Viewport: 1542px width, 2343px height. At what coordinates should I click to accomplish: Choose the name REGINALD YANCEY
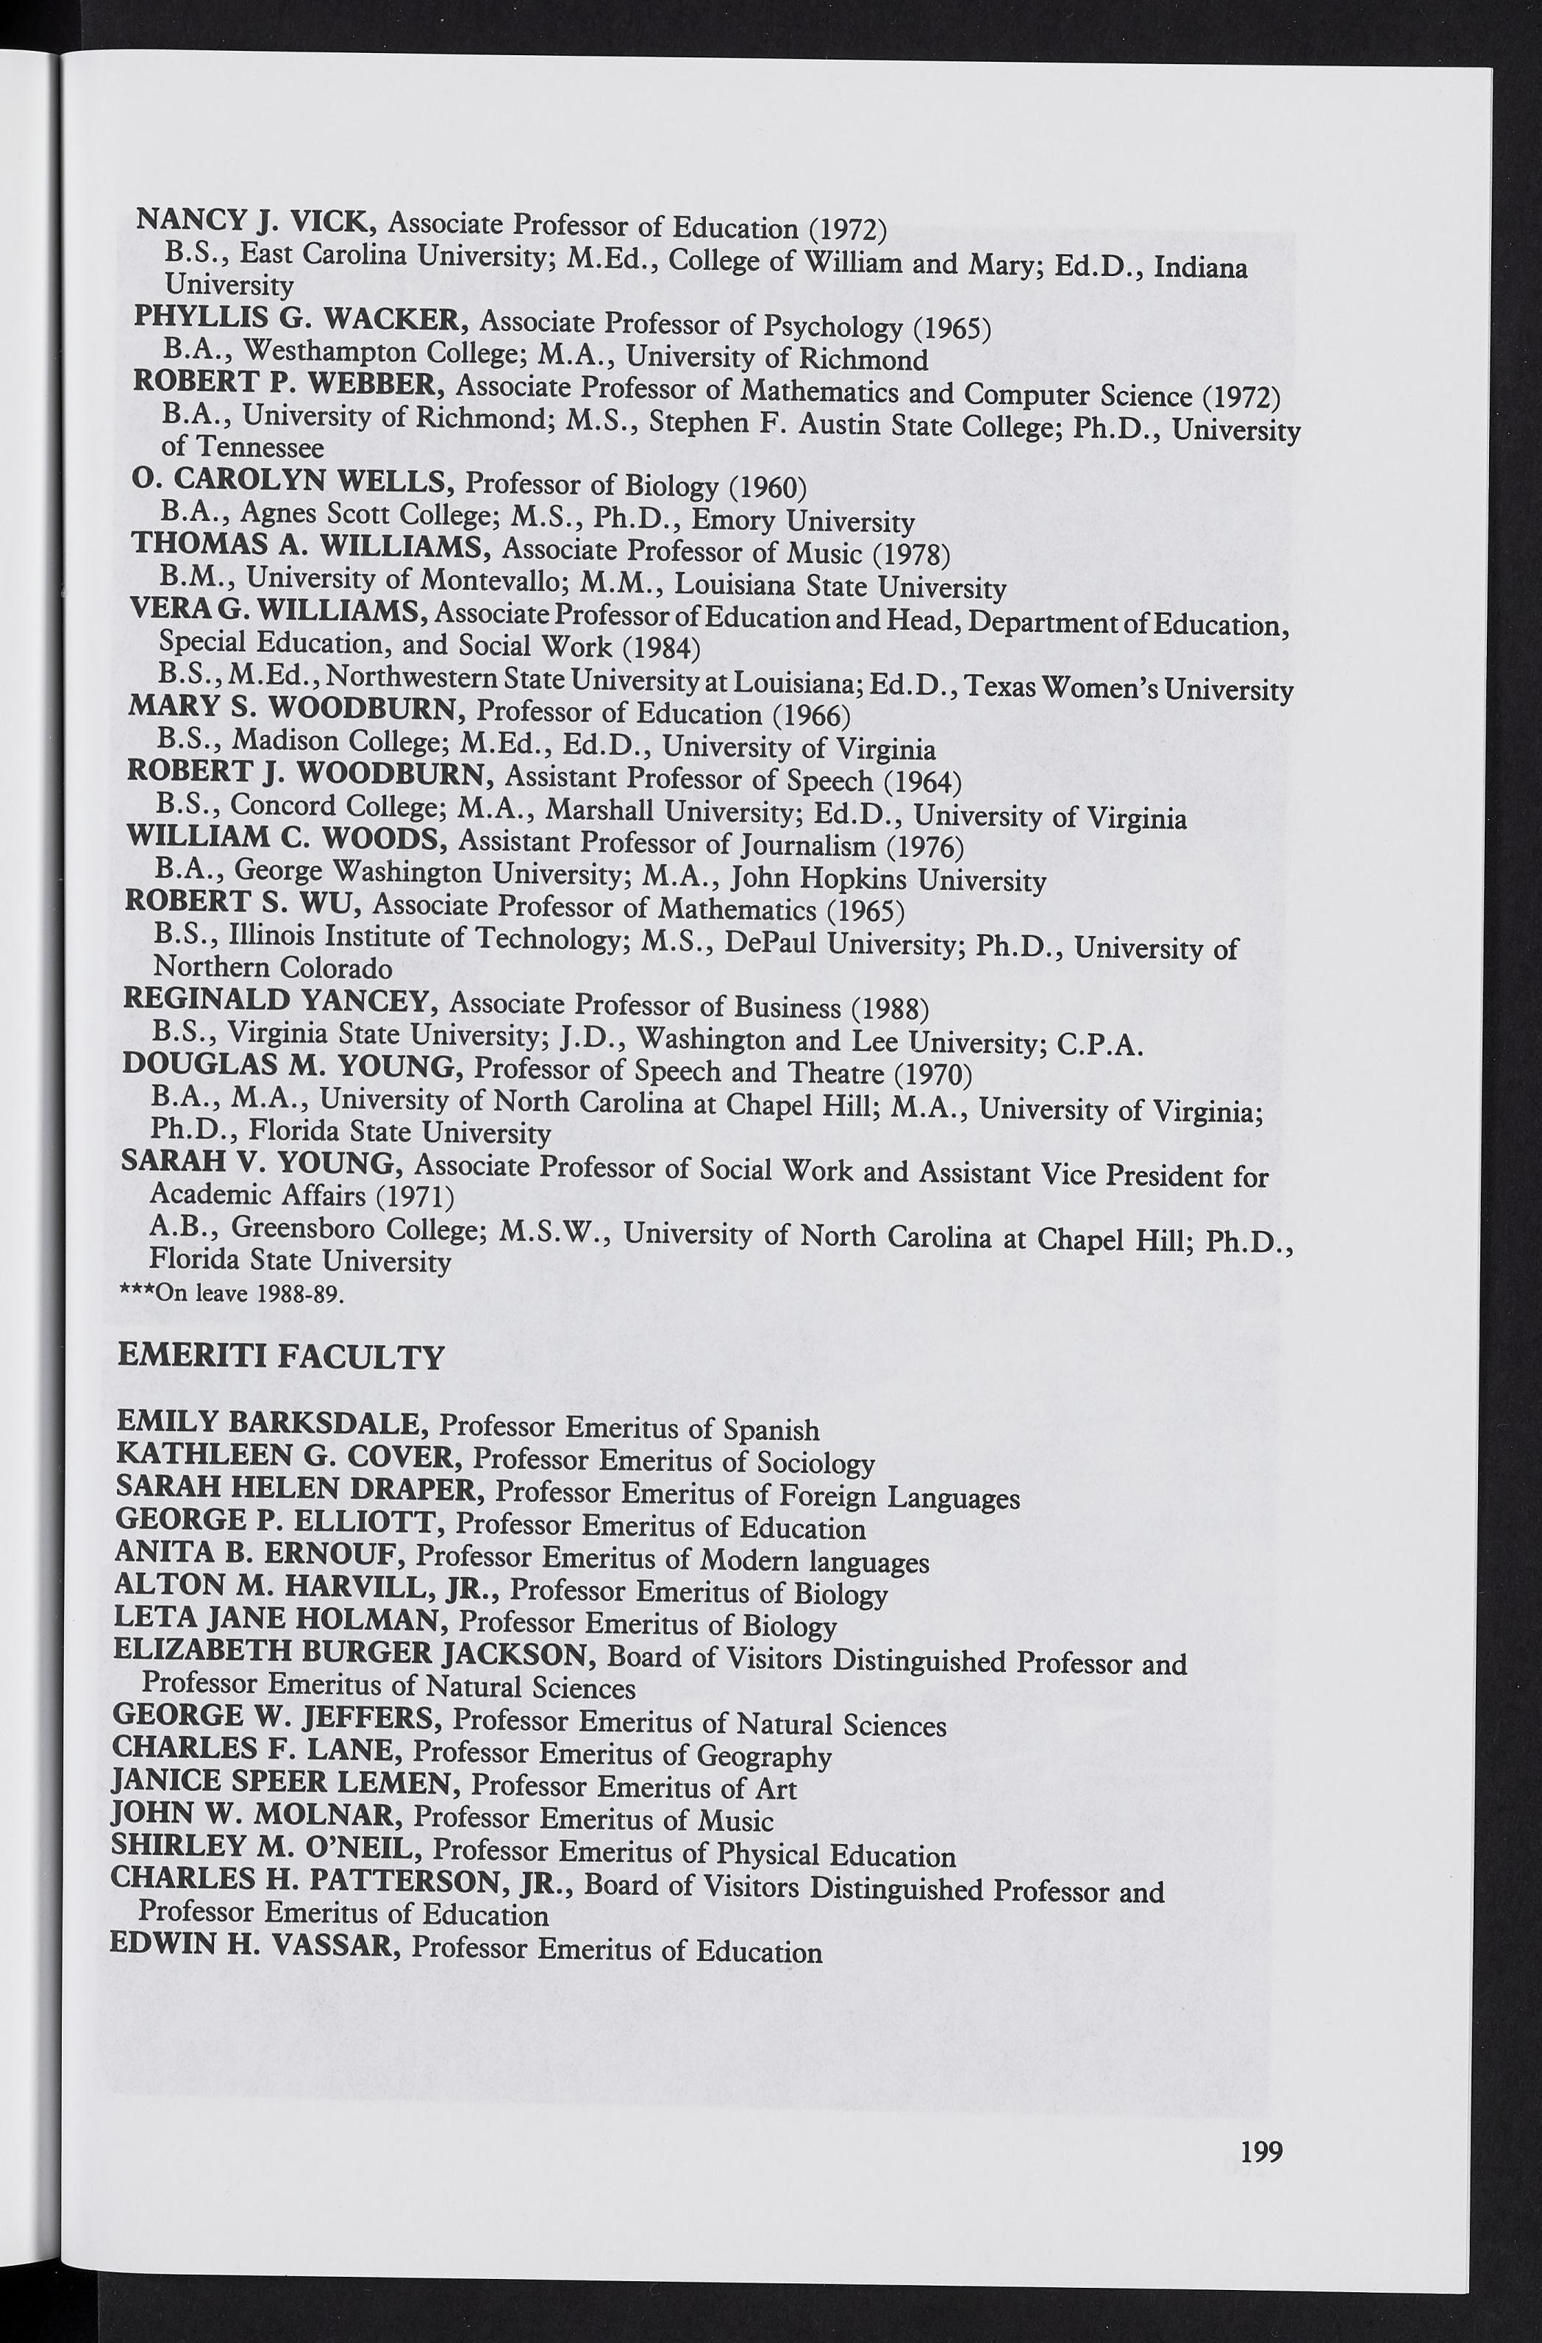click(279, 1000)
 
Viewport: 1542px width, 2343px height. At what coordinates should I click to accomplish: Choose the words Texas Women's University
click(1129, 687)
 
